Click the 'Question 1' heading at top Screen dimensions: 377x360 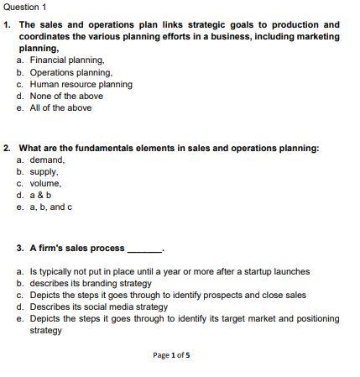pyautogui.click(x=25, y=7)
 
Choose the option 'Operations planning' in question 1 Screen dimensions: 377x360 pyautogui.click(x=70, y=73)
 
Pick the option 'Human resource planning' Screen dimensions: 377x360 pyautogui.click(x=81, y=85)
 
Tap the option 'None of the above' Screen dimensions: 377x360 pyautogui.click(x=66, y=97)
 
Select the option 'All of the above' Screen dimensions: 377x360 pyautogui.click(x=60, y=108)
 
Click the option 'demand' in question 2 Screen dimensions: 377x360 pyautogui.click(x=47, y=160)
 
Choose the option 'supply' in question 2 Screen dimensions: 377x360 pyautogui.click(x=44, y=171)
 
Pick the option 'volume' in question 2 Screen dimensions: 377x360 pyautogui.click(x=45, y=183)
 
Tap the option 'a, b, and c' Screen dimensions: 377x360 pyautogui.click(x=50, y=207)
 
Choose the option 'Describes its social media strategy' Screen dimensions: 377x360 pyautogui.click(x=98, y=307)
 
